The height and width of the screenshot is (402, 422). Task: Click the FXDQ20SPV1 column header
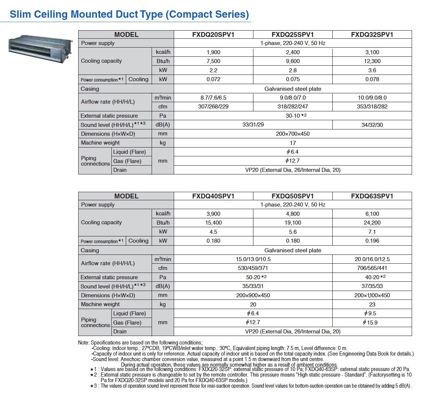click(213, 35)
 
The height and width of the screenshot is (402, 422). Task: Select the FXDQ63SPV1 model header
click(372, 196)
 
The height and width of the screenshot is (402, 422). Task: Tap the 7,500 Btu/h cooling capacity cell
click(213, 61)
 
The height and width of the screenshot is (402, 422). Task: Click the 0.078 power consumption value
click(372, 79)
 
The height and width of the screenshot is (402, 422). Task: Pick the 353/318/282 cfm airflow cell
click(372, 107)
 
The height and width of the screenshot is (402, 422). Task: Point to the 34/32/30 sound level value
click(372, 125)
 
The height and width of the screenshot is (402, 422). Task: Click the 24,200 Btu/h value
click(372, 223)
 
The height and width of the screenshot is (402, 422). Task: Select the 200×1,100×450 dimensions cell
click(372, 295)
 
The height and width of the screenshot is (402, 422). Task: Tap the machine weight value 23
click(372, 305)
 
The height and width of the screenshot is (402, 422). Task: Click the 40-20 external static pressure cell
click(372, 277)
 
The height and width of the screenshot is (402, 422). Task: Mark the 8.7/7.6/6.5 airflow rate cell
click(213, 98)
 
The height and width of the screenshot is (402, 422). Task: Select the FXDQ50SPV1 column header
click(293, 196)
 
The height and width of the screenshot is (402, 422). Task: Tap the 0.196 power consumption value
click(372, 241)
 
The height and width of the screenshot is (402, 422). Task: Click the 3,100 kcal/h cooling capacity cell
click(372, 52)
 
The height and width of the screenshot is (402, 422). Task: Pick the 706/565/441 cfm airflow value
click(372, 268)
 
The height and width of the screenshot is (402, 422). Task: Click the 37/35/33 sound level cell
click(372, 286)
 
